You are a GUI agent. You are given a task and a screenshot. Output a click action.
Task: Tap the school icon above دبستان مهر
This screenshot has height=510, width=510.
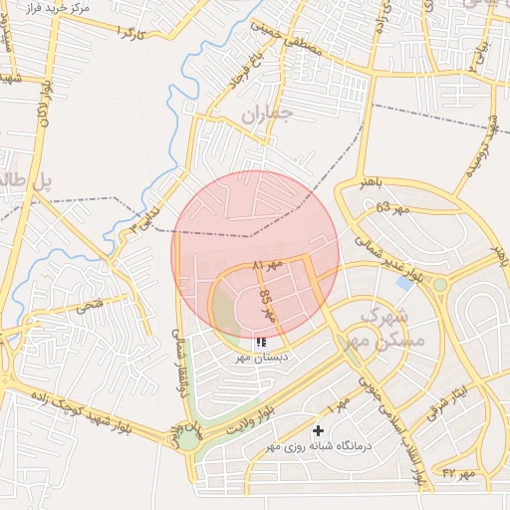click(x=261, y=343)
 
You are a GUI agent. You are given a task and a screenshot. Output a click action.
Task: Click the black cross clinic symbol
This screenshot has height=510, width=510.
click(x=318, y=430)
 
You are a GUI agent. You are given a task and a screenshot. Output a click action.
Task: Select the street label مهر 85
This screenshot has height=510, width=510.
click(x=266, y=305)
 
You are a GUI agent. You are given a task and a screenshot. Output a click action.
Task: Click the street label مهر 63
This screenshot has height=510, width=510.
click(x=392, y=207)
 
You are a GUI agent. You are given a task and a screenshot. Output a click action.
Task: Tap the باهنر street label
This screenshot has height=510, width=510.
click(x=380, y=183)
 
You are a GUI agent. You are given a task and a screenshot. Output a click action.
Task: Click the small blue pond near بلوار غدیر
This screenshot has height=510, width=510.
click(x=404, y=282)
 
